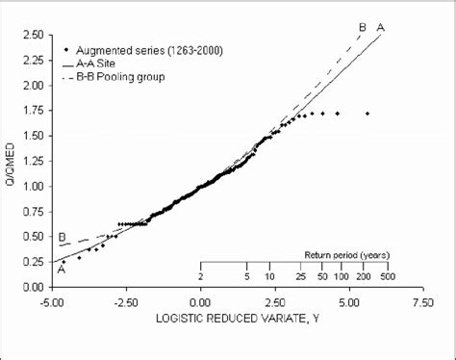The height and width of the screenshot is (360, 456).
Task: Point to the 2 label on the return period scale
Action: tap(200, 276)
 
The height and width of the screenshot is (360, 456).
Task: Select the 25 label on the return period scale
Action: tap(300, 276)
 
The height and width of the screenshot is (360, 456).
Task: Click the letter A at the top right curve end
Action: tap(382, 28)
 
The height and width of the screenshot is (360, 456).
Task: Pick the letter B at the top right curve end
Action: tap(363, 28)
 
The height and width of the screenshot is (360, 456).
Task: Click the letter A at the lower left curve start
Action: tap(62, 270)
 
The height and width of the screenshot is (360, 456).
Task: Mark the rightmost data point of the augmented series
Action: tap(367, 114)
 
